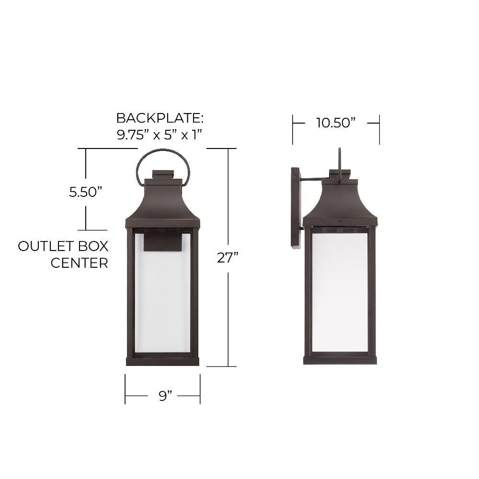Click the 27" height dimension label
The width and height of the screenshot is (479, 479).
coord(227,258)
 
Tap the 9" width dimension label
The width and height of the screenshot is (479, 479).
coord(165,396)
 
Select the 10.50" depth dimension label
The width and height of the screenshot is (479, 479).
coord(336,123)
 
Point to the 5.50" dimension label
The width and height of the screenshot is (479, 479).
coord(85,192)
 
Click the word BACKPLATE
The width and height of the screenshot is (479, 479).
coord(160,118)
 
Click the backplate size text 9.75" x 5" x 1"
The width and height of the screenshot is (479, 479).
coord(160,135)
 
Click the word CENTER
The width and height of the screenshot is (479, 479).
coord(80,263)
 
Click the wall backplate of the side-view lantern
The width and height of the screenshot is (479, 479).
coord(296,208)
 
